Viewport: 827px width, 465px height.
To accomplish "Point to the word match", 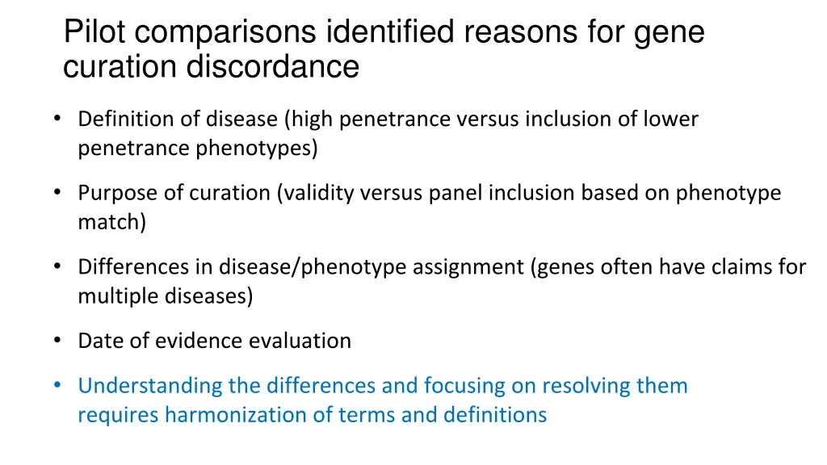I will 111,222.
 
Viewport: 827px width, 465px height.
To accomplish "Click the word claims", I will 746,266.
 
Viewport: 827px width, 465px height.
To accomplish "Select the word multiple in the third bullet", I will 116,296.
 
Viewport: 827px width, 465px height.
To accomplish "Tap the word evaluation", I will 300,341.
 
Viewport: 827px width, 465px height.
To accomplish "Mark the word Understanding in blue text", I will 150,386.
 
